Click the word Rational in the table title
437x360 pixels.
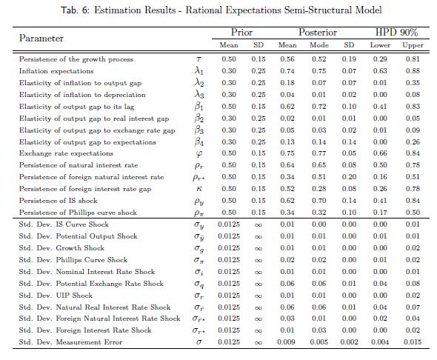(x=204, y=10)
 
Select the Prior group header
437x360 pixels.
(x=241, y=33)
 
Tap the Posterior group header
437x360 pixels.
(x=318, y=33)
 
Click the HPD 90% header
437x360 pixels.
(x=396, y=33)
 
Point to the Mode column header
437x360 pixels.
(x=319, y=45)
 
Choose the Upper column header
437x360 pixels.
(x=413, y=45)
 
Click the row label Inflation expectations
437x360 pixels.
(x=56, y=71)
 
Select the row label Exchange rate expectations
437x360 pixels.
(x=66, y=153)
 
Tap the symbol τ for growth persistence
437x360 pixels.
(x=199, y=59)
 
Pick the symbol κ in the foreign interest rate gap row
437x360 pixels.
(x=199, y=189)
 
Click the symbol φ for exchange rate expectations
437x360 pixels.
(x=199, y=154)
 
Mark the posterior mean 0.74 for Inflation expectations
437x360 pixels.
(x=287, y=71)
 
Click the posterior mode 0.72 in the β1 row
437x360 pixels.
(x=319, y=107)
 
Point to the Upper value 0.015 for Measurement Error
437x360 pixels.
(x=413, y=342)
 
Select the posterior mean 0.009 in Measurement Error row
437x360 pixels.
(x=286, y=342)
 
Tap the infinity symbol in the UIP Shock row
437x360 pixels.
(x=258, y=296)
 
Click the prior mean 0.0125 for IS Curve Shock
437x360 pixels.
(x=229, y=224)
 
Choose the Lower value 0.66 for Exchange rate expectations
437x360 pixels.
(x=380, y=153)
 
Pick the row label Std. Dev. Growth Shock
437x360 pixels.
(x=61, y=248)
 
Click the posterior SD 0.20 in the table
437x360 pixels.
(x=349, y=177)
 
